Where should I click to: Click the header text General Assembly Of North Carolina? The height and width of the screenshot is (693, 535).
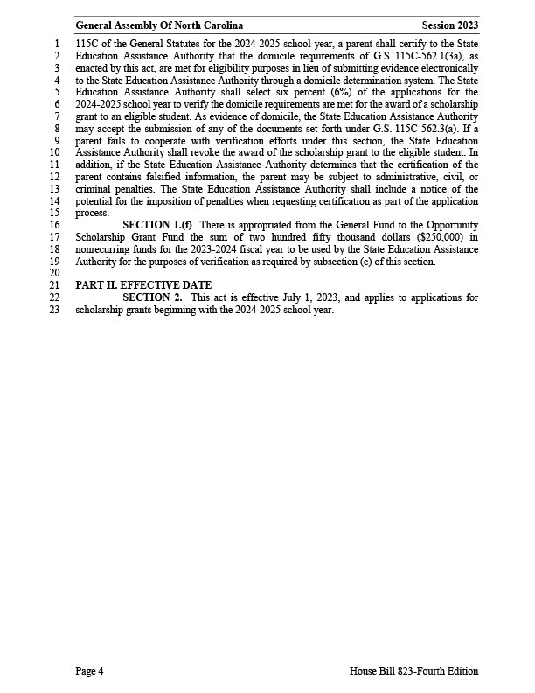(159, 26)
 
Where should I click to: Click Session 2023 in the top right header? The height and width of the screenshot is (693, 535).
(449, 26)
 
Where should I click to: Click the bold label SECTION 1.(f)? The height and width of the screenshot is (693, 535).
(157, 225)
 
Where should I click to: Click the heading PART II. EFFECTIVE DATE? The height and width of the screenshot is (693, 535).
(143, 285)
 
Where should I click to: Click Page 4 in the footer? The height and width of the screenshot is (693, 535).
(89, 671)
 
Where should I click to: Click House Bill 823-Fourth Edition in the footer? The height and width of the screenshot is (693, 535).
(413, 671)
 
